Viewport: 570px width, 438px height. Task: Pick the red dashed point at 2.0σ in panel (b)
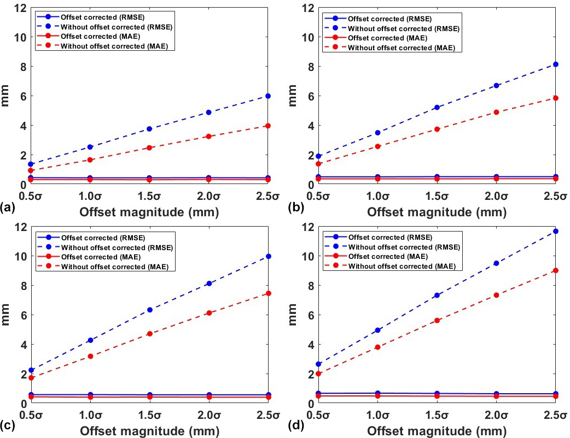tap(496, 112)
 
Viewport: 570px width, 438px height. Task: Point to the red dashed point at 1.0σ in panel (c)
tap(90, 356)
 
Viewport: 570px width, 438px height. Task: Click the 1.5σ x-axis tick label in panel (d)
tap(437, 415)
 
